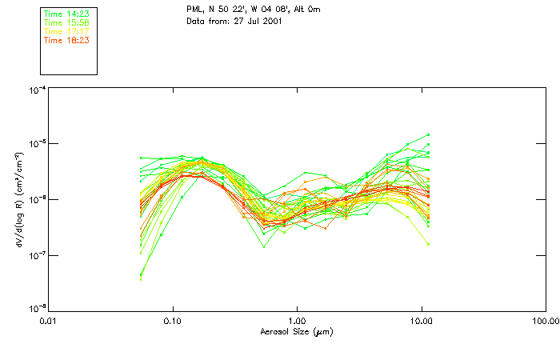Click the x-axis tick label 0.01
point(49,321)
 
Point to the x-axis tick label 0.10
point(173,321)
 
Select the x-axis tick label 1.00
point(297,321)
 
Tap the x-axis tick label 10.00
point(421,321)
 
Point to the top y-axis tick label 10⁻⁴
point(37,91)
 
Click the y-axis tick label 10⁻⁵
point(37,145)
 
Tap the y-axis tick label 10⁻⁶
point(37,199)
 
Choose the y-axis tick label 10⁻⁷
point(37,254)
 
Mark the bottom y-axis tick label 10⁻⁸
point(37,309)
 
